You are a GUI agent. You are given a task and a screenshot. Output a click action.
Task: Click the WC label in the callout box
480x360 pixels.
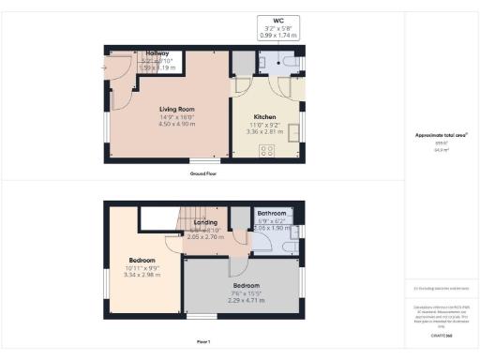pyautogui.click(x=278, y=20)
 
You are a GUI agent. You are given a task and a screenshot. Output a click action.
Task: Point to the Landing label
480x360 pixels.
pyautogui.click(x=206, y=221)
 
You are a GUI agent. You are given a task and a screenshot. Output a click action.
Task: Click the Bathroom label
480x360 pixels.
pyautogui.click(x=278, y=213)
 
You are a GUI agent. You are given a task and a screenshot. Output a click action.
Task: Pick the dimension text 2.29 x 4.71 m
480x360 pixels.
pyautogui.click(x=246, y=302)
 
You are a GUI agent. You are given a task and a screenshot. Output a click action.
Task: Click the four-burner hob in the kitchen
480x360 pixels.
pyautogui.click(x=241, y=147)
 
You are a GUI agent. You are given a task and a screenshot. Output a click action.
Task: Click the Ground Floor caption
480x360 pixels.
pyautogui.click(x=204, y=175)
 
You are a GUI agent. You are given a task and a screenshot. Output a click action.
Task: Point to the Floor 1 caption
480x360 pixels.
pyautogui.click(x=204, y=342)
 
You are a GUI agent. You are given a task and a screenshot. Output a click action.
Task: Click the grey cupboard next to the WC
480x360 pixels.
pyautogui.click(x=242, y=62)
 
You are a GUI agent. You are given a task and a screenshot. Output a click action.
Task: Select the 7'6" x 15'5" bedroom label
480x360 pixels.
pyautogui.click(x=246, y=293)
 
